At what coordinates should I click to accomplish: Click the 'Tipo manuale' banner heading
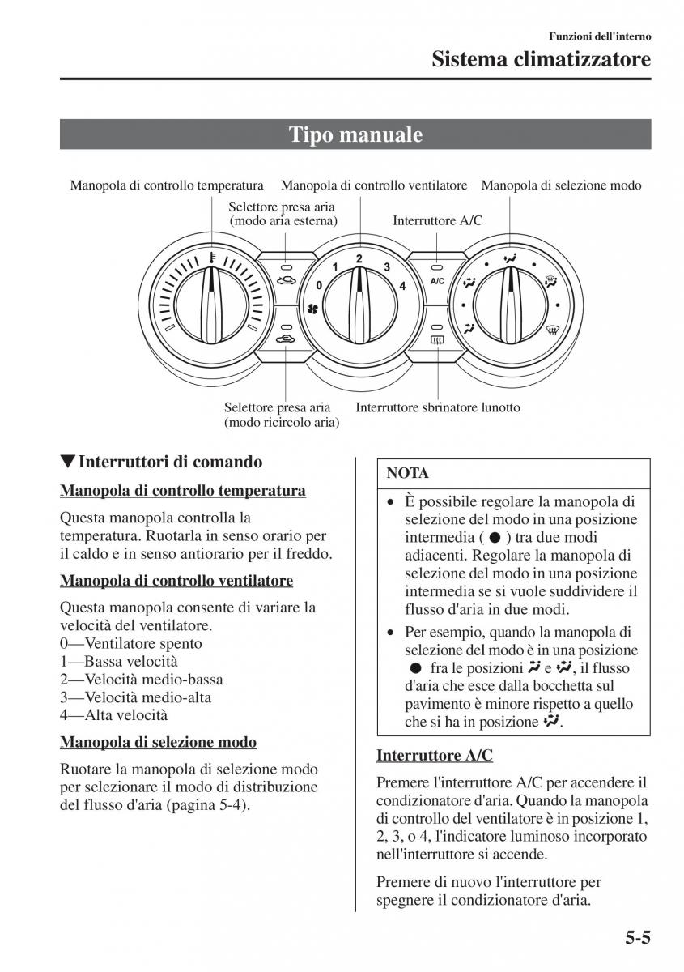point(355,134)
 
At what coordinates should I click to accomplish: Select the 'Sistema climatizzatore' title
point(541,59)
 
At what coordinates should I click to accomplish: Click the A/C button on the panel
point(437,281)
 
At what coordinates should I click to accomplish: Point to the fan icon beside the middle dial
point(313,309)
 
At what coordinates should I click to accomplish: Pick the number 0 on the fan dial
point(319,285)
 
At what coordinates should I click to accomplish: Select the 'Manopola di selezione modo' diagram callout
point(561,185)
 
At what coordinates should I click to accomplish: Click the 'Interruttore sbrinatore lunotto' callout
point(438,407)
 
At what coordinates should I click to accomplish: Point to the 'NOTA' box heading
point(408,473)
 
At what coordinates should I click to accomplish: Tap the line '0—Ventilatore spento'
point(131,644)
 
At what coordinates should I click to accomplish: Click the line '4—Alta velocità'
point(114,715)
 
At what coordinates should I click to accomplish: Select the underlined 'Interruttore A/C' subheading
point(435,755)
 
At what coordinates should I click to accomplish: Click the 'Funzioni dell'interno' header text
point(600,36)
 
